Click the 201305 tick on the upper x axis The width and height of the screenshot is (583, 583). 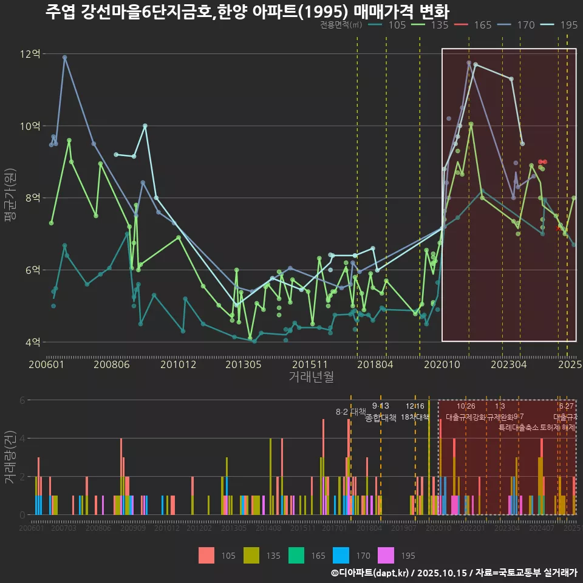click(x=243, y=364)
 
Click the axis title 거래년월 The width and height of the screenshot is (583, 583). click(x=311, y=377)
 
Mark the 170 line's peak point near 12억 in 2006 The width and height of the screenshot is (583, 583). click(x=64, y=57)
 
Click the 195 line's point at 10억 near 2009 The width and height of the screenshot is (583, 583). click(x=145, y=126)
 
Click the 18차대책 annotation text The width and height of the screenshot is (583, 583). click(x=415, y=417)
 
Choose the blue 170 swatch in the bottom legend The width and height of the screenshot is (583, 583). click(x=341, y=555)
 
